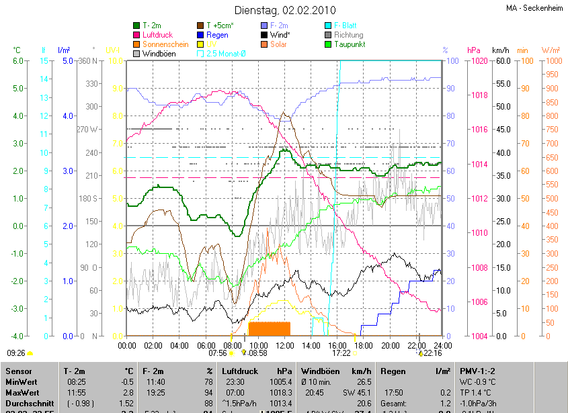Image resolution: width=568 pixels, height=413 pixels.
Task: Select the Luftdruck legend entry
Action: [159, 35]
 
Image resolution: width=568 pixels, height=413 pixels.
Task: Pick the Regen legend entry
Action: [217, 35]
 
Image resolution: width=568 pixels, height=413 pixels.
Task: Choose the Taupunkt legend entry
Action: [350, 44]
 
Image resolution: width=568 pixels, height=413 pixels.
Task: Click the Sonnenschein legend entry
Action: [165, 44]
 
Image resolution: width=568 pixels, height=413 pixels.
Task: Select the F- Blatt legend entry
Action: [348, 26]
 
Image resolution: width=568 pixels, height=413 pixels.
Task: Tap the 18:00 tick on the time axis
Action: [363, 345]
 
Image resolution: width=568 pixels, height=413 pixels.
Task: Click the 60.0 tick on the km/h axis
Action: [501, 61]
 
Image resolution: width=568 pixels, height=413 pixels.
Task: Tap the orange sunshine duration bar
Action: [270, 328]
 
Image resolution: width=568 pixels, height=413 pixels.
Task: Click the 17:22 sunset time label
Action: [341, 353]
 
